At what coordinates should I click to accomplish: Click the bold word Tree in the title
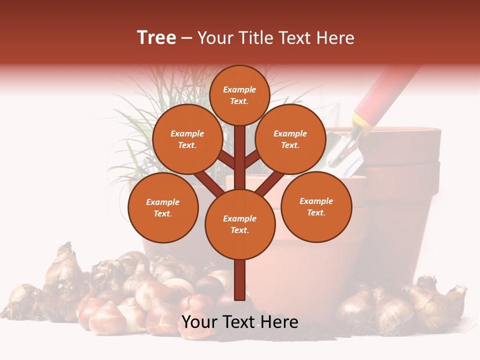(156, 38)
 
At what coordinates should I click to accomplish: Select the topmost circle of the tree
(239, 95)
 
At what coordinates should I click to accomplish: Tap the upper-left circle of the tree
(187, 139)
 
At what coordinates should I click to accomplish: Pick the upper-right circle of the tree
(290, 139)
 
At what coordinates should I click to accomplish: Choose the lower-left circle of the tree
(163, 207)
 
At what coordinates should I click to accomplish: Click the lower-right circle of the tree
(316, 206)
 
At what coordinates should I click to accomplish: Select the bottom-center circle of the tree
(240, 224)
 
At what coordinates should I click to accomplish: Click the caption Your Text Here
(240, 322)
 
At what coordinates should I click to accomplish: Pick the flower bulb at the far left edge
(20, 300)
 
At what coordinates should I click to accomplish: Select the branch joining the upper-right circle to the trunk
(252, 158)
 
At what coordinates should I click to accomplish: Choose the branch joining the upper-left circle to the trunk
(226, 158)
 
